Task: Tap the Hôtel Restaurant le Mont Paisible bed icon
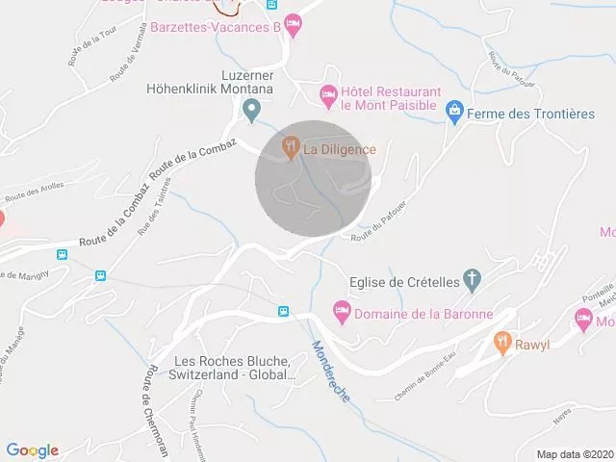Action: (328, 93)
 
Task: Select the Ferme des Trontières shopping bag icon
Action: (454, 114)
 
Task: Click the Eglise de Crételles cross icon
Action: (472, 280)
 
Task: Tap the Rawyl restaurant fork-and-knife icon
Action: (501, 342)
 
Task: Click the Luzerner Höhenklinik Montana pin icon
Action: (251, 111)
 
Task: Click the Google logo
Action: (33, 449)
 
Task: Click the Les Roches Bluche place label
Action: (231, 368)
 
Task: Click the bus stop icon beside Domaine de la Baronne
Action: (283, 311)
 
